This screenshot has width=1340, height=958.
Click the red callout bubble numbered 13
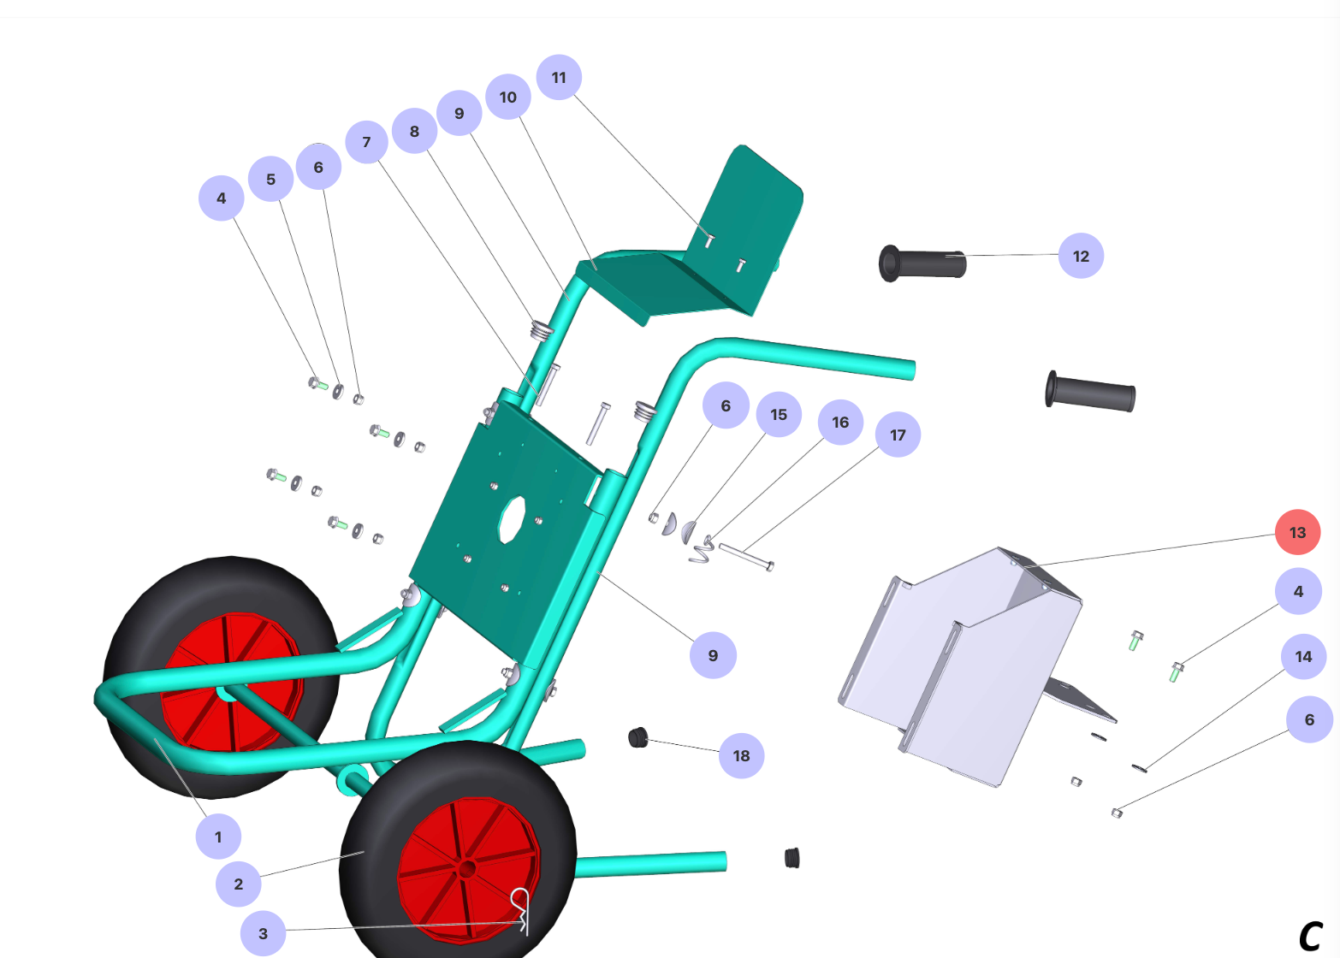point(1297,532)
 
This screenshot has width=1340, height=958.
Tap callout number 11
point(559,77)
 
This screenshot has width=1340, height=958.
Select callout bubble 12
point(1081,256)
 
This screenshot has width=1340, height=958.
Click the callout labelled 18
point(741,756)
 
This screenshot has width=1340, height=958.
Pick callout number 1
point(218,837)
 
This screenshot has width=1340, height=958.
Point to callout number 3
point(263,933)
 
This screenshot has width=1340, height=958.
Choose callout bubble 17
point(898,435)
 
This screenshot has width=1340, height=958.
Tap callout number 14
point(1304,657)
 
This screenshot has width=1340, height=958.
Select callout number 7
point(367,142)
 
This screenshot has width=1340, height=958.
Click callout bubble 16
point(840,423)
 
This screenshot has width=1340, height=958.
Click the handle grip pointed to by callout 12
point(922,263)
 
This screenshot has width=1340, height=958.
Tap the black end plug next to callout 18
point(638,737)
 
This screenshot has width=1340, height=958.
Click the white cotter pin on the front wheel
point(521,910)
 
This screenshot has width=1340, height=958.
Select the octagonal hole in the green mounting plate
point(512,520)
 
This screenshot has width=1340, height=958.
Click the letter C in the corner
point(1310,937)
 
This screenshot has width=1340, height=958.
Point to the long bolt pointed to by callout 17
point(746,557)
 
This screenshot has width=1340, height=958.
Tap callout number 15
point(779,414)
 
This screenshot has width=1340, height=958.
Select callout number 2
point(238,884)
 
